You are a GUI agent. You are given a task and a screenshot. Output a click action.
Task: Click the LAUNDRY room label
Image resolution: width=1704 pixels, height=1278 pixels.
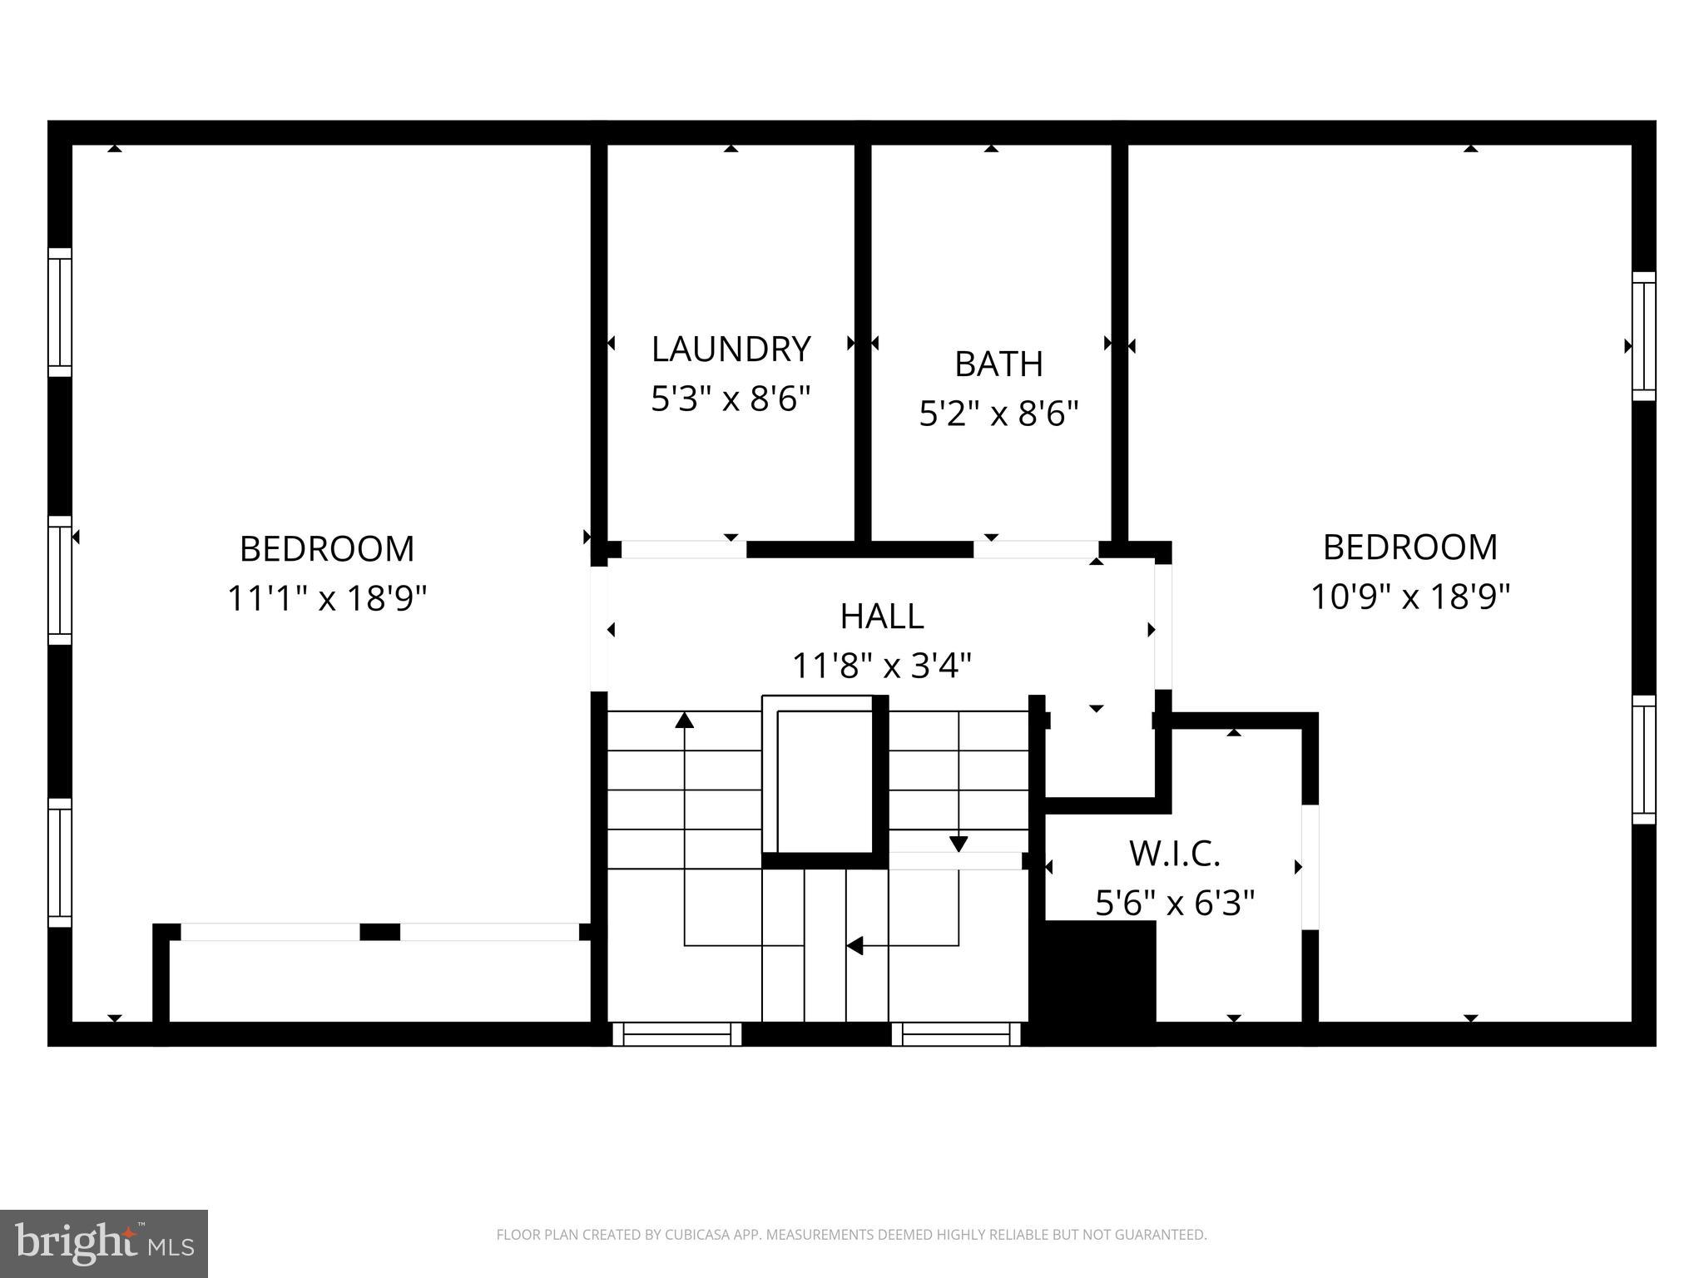[731, 349]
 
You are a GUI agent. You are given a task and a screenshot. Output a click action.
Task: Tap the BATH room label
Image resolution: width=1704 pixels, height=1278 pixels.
[998, 364]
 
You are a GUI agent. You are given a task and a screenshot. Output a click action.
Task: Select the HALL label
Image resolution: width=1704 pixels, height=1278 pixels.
[882, 617]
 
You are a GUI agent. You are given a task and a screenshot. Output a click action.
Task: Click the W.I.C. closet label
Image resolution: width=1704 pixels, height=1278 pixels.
[1174, 854]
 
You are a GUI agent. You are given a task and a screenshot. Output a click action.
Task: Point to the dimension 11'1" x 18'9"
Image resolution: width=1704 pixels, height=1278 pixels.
[327, 598]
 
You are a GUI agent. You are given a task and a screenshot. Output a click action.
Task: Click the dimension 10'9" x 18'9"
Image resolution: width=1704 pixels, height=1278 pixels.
[1410, 597]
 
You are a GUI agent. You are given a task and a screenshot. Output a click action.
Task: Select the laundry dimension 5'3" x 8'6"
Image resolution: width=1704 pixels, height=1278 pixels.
[731, 399]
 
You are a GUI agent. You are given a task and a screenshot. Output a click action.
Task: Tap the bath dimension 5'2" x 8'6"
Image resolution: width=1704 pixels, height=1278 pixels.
[998, 414]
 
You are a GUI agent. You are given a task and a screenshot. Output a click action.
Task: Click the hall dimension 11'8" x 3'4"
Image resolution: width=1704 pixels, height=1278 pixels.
[882, 666]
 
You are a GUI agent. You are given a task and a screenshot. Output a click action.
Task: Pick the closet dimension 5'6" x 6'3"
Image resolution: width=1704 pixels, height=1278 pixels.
[1174, 903]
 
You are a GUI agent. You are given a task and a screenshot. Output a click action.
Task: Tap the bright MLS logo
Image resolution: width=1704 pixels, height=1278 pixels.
[103, 1244]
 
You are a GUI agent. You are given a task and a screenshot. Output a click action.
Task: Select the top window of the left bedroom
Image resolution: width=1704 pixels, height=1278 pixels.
[60, 312]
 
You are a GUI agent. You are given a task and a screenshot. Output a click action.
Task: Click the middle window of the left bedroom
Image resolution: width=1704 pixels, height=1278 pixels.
[60, 580]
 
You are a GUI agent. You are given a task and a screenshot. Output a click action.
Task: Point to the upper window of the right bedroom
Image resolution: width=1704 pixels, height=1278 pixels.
[1643, 336]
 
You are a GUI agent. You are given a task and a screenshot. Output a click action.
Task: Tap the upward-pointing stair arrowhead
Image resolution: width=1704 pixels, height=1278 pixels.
[685, 721]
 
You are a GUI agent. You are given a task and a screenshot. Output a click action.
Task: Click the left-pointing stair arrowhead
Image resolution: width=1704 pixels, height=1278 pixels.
[854, 946]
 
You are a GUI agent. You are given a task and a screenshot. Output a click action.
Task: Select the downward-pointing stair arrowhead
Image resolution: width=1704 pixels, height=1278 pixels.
[958, 844]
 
